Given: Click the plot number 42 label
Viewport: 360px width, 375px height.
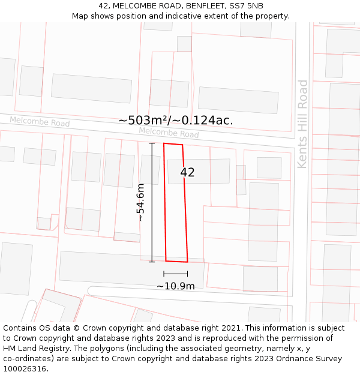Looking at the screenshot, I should point(187,172).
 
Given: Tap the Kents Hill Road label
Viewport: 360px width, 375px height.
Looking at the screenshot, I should point(303,124).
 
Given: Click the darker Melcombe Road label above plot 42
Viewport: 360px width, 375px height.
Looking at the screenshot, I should point(169,133).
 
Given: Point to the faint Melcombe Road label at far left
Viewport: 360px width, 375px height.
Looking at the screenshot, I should point(40,122).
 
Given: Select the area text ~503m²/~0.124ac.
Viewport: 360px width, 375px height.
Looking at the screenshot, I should point(176,120).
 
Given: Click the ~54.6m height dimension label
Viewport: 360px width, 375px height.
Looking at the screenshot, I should point(141,202).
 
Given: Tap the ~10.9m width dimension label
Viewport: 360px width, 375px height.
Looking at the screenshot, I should point(176,286).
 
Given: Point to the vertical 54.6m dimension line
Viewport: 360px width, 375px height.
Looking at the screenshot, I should point(152,202).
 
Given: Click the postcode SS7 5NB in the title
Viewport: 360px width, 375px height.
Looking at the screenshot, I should point(246,6).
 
